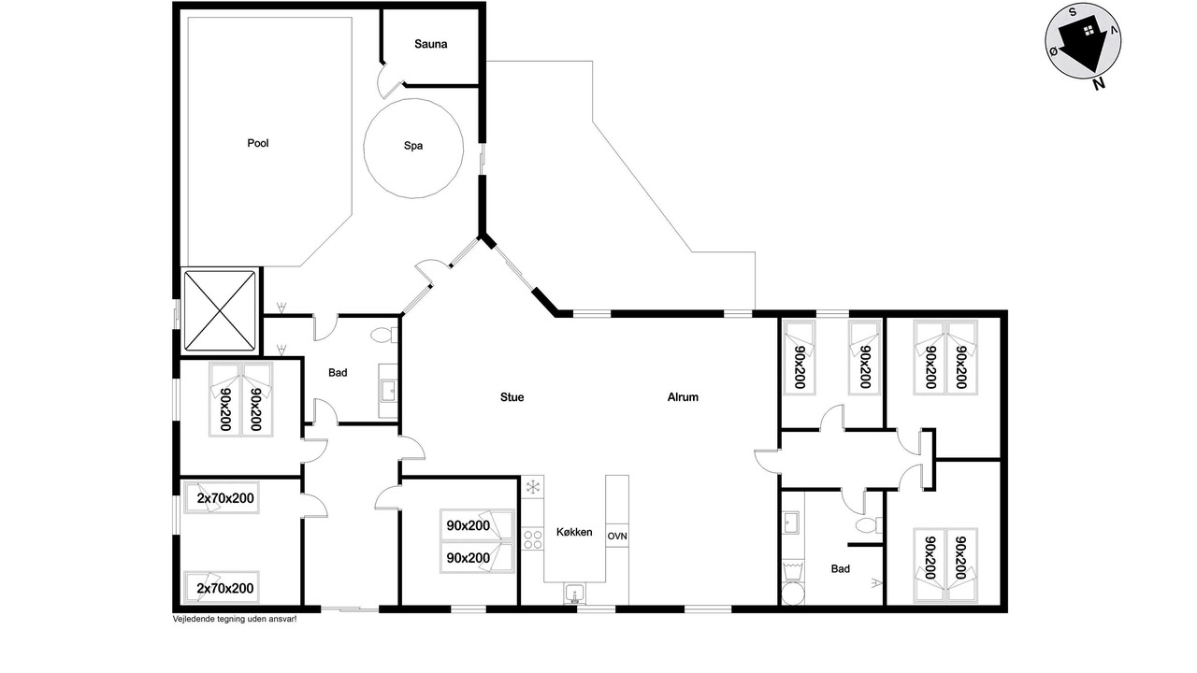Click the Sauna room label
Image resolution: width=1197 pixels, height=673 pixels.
point(431,44)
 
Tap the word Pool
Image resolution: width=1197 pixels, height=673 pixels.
point(257,143)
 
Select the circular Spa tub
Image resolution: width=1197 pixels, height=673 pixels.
point(413,149)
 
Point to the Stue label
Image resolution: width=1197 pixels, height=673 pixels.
point(512,397)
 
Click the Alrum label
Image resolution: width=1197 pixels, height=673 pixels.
point(683,397)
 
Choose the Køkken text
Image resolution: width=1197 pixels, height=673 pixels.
point(574,532)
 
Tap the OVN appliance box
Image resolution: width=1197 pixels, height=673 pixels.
point(617,536)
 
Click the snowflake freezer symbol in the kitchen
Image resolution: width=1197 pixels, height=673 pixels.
point(533,487)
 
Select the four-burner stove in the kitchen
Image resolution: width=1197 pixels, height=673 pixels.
point(533,539)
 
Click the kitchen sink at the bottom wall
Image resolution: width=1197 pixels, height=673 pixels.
point(575,594)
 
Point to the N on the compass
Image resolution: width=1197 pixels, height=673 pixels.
point(1099,84)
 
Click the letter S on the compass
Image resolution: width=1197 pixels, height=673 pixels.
point(1072,13)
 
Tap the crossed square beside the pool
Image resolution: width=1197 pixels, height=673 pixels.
point(220,310)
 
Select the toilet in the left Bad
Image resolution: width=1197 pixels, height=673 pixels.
point(384,336)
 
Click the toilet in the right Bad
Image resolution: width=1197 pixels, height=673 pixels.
point(869,525)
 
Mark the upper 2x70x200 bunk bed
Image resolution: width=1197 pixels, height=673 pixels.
point(222,498)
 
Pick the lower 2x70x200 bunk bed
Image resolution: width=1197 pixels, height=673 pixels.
point(222,588)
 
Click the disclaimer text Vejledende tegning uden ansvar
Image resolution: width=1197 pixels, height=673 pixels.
point(235,619)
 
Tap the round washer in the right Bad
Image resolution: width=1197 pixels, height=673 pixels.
point(793,594)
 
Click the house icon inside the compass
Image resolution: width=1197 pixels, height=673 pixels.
point(1089,31)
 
